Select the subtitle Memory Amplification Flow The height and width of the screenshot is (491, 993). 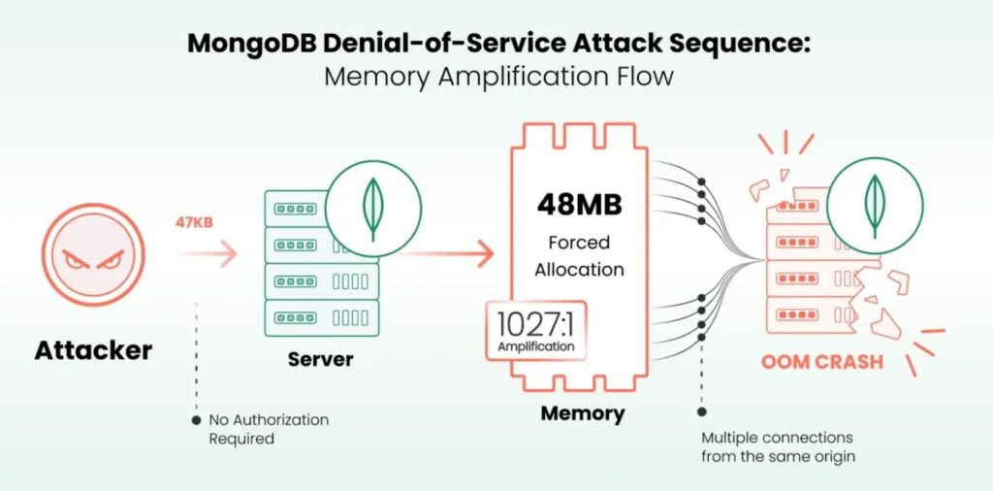(x=497, y=77)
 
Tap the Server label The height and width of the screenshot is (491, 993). (x=320, y=359)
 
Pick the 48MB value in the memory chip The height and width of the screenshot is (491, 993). (x=579, y=206)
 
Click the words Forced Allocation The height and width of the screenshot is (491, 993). (x=579, y=253)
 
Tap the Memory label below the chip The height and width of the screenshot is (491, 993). (x=582, y=413)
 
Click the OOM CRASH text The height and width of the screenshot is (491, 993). (x=821, y=362)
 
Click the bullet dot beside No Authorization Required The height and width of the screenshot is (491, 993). (x=197, y=420)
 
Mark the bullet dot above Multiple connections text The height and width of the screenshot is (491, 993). (x=699, y=410)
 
